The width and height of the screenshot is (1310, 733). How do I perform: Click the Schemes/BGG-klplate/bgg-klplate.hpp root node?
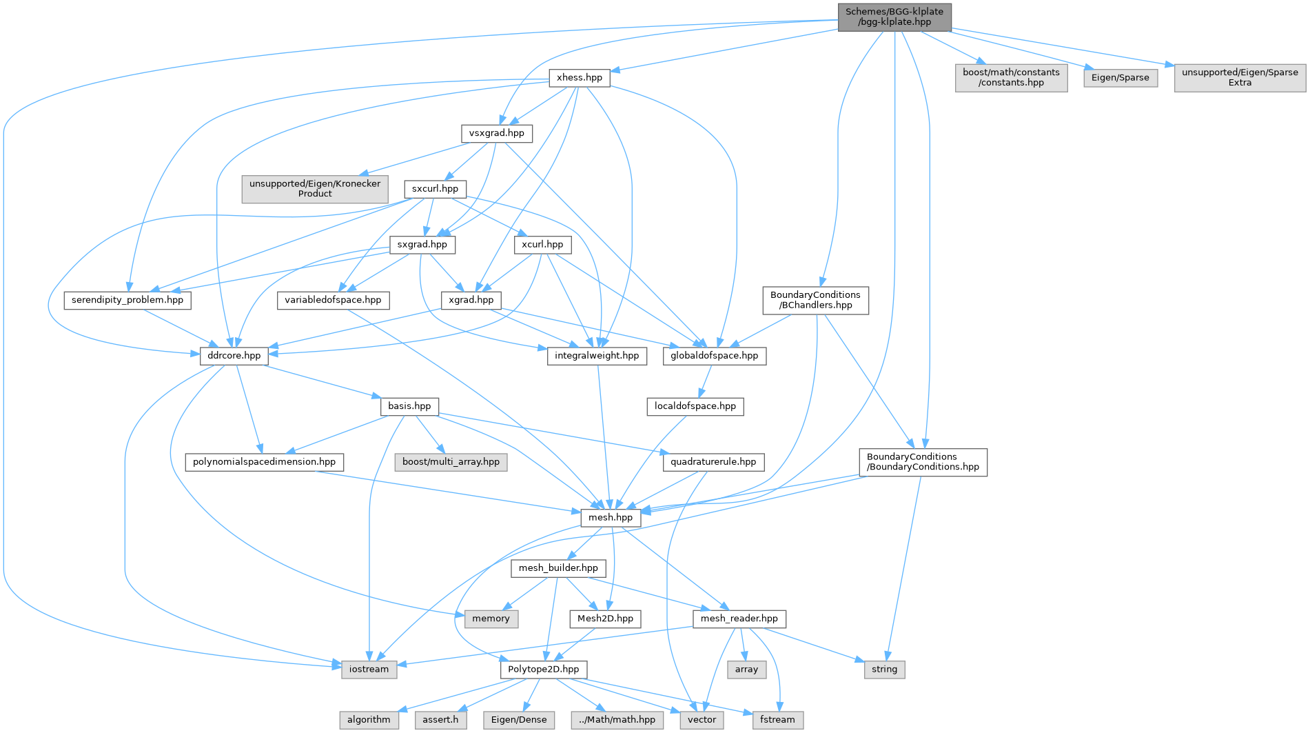click(894, 17)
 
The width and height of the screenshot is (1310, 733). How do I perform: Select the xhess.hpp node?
click(579, 77)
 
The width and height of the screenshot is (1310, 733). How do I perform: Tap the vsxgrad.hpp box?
click(496, 133)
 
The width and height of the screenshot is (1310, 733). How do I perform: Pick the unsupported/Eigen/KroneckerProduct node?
click(315, 189)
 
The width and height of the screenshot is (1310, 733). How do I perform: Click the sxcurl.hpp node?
click(435, 189)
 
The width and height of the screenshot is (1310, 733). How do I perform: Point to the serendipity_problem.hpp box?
click(127, 300)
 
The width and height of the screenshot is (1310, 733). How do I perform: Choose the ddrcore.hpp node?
click(234, 356)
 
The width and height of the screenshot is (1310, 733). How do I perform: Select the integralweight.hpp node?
click(597, 356)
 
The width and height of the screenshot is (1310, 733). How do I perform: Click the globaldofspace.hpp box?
click(714, 356)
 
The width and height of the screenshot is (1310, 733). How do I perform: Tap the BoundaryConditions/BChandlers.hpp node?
click(815, 300)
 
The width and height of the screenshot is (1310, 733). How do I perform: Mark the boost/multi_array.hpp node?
click(451, 462)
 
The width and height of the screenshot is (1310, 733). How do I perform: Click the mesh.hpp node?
click(611, 518)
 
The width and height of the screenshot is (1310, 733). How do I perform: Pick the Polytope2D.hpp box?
click(543, 670)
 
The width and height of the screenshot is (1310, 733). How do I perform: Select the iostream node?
click(369, 670)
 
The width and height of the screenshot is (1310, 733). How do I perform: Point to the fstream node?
click(777, 720)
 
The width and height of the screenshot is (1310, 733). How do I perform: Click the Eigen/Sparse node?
click(1120, 78)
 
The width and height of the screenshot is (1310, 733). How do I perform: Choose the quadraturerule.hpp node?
click(713, 462)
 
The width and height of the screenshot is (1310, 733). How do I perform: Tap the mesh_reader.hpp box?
click(739, 619)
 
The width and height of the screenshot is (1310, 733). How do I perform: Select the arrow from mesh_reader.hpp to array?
click(742, 645)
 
